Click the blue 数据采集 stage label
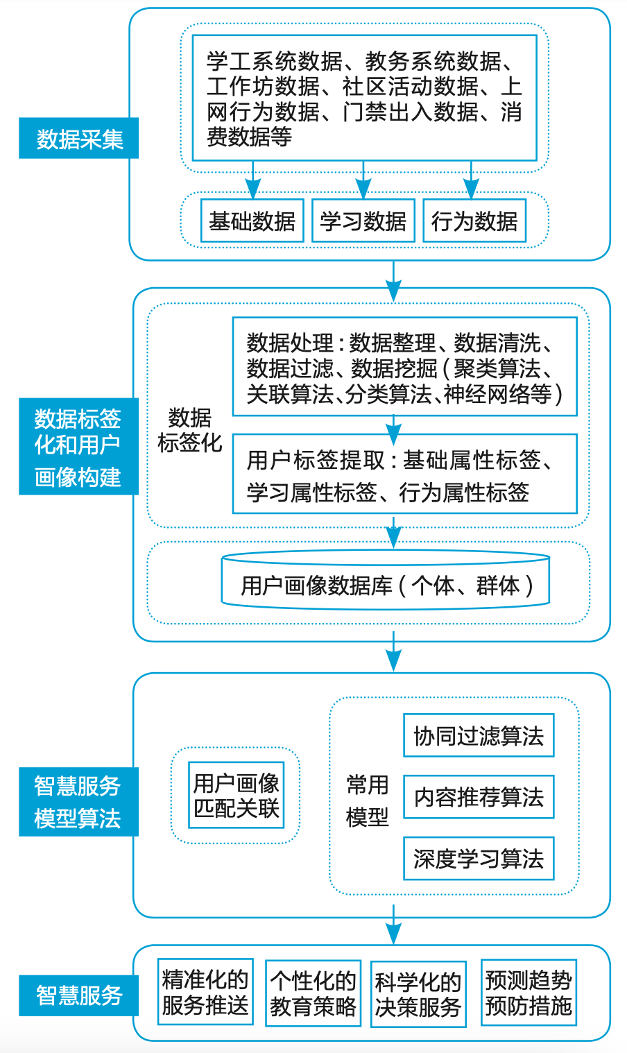click(78, 138)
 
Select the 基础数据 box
click(252, 221)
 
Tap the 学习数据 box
click(363, 221)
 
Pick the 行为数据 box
click(474, 221)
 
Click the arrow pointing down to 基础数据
click(253, 182)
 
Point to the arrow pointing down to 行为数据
click(471, 182)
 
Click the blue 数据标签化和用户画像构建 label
click(78, 446)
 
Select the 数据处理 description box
click(404, 367)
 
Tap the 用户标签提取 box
click(404, 474)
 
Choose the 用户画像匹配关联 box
click(236, 795)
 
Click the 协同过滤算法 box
click(479, 735)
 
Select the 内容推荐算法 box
click(479, 797)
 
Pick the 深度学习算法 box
click(479, 859)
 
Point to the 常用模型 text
click(367, 801)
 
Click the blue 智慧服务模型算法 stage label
click(78, 801)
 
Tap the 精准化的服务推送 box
click(205, 992)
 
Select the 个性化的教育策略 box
click(313, 993)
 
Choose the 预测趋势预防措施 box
click(529, 993)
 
